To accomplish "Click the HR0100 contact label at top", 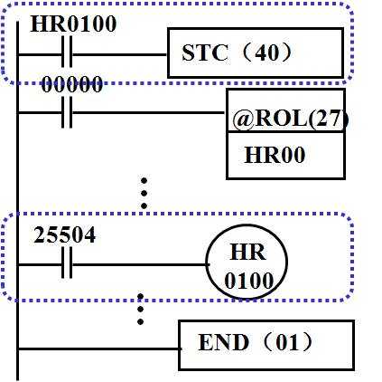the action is coord(73,24).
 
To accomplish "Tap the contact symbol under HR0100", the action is coord(67,52).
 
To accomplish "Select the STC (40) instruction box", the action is coord(256,53).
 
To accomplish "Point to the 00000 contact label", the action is coord(72,84).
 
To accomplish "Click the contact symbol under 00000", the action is coord(67,112).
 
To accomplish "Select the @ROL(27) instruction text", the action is coord(291,119).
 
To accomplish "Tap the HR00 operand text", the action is coord(275,155).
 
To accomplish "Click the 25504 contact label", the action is coord(65,235).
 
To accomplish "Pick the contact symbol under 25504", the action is coord(67,263).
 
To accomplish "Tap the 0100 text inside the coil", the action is coord(248,281).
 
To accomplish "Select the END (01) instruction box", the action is coord(266,345).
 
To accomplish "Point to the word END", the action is coord(224,342).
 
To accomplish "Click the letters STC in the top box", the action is coord(205,53).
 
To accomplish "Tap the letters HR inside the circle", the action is coord(248,253).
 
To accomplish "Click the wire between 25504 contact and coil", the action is coord(140,264).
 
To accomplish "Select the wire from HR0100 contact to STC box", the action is coord(120,55).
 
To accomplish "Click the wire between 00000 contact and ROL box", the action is coord(150,113).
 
